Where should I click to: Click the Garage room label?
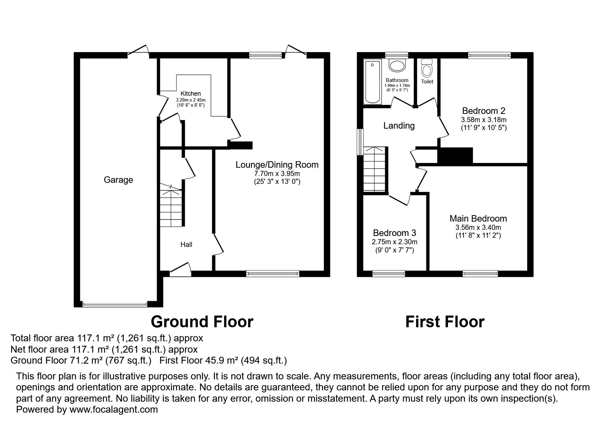tap(118, 180)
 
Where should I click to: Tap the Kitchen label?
tap(191, 94)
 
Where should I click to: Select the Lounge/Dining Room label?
tap(277, 165)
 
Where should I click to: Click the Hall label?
tap(186, 245)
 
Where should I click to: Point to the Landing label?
tap(399, 126)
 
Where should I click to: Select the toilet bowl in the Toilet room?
tap(427, 68)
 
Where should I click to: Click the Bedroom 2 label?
tap(484, 111)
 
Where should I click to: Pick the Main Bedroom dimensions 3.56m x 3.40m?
tap(478, 227)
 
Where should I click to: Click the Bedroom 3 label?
tap(394, 233)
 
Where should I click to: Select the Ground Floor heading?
tap(202, 322)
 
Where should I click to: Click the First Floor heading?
tap(445, 322)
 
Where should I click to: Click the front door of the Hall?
tap(181, 270)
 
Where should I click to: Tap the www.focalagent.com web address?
tap(114, 409)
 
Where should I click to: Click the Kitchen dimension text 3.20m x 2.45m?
tap(191, 100)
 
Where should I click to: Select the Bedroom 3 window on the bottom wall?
tap(389, 273)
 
